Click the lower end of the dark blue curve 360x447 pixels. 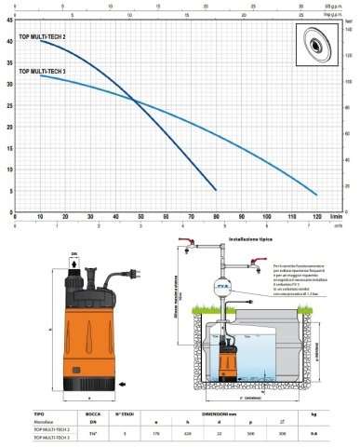coord(216,190)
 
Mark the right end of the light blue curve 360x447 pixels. coord(316,194)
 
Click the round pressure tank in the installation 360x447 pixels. coord(222,288)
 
